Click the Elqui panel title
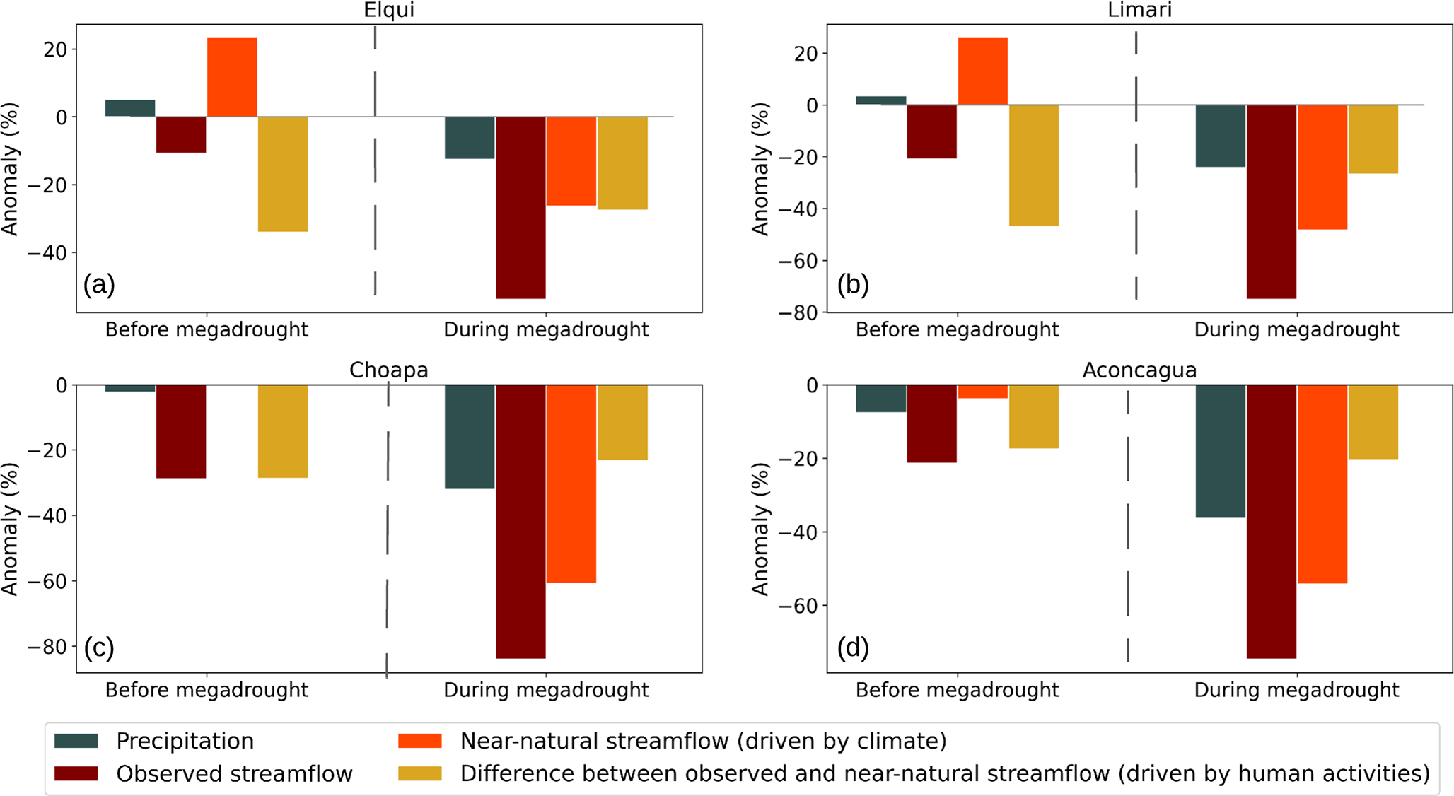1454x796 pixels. (x=388, y=10)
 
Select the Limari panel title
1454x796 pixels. (x=1139, y=10)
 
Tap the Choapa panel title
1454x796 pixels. (x=388, y=370)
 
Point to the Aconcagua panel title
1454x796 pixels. (x=1139, y=370)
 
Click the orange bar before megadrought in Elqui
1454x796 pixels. (x=232, y=77)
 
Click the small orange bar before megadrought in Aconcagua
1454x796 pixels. (x=983, y=392)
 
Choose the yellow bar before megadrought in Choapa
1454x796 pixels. (x=283, y=431)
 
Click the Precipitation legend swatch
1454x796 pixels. (x=76, y=741)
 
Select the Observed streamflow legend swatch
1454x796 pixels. (x=76, y=773)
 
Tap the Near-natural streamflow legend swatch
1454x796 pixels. (x=420, y=741)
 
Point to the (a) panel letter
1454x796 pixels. (x=99, y=284)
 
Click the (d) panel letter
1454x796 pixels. (x=852, y=648)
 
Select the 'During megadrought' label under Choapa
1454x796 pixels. (x=546, y=690)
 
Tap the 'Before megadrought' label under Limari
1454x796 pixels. (x=958, y=330)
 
